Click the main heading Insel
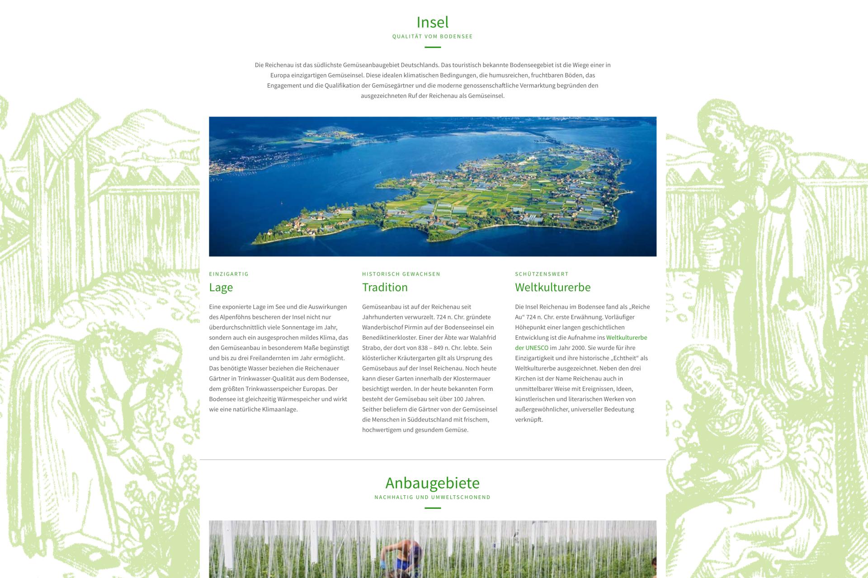[x=432, y=22]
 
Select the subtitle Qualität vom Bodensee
[x=432, y=37]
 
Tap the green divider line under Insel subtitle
[x=432, y=47]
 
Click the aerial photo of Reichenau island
[x=432, y=186]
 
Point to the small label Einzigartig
[x=229, y=274]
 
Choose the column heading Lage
[x=221, y=287]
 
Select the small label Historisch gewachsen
[x=401, y=274]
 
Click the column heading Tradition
[x=385, y=287]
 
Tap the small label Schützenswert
[x=542, y=274]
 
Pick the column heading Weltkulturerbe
[x=552, y=287]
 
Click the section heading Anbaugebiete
[x=432, y=483]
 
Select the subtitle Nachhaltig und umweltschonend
[x=432, y=498]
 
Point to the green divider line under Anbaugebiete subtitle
[x=432, y=508]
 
